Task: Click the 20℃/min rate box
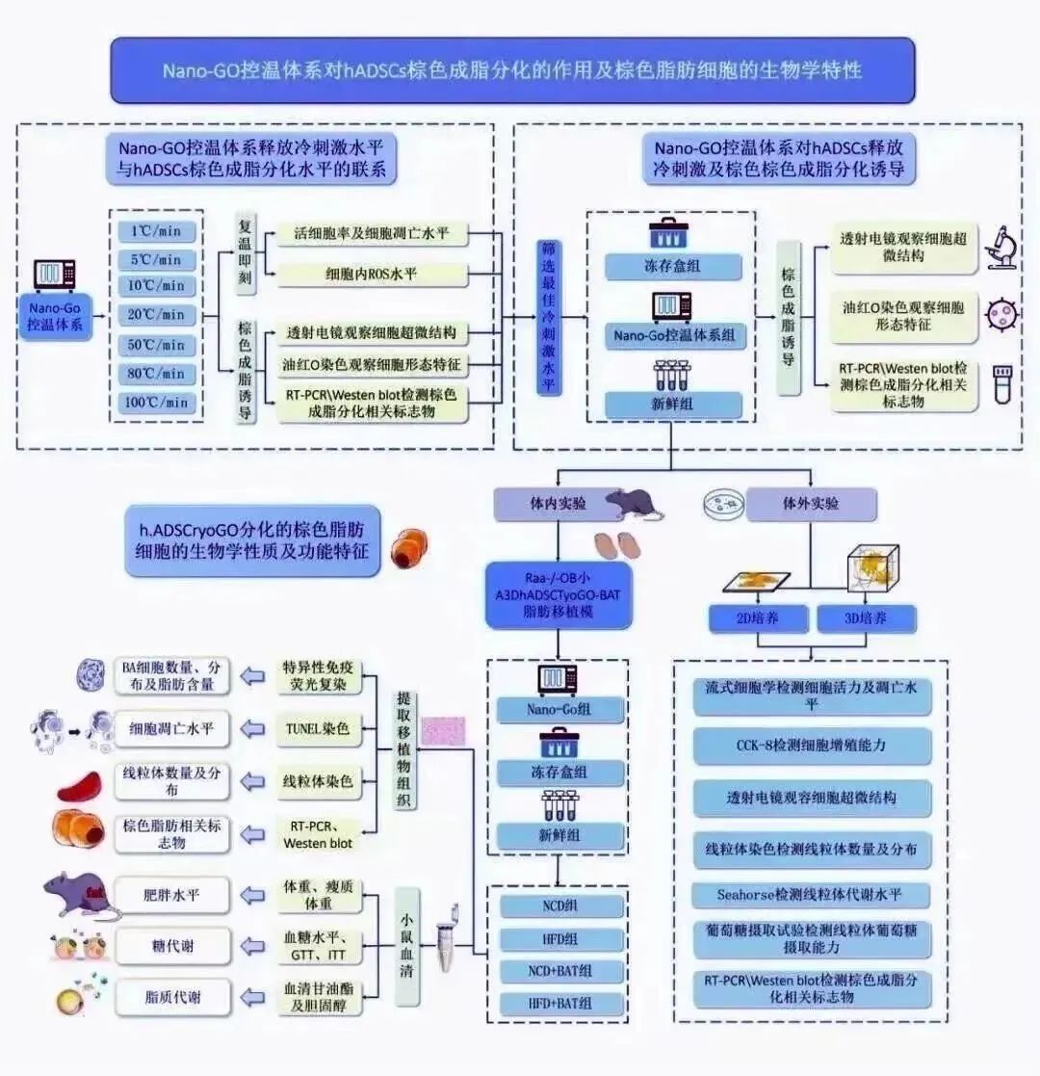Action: (x=157, y=315)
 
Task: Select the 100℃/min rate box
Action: (x=157, y=402)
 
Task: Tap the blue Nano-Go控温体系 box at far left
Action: (x=56, y=316)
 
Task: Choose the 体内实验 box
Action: (x=542, y=504)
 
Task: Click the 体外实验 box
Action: (x=812, y=504)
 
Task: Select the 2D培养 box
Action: (x=758, y=618)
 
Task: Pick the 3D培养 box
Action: (x=866, y=618)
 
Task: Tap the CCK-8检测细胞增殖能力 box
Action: (x=812, y=746)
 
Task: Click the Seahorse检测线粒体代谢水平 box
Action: (x=812, y=894)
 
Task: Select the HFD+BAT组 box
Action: (x=559, y=1003)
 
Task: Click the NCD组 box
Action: (x=559, y=906)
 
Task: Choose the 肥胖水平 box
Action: (x=172, y=895)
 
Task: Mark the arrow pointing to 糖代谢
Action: (x=252, y=946)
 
